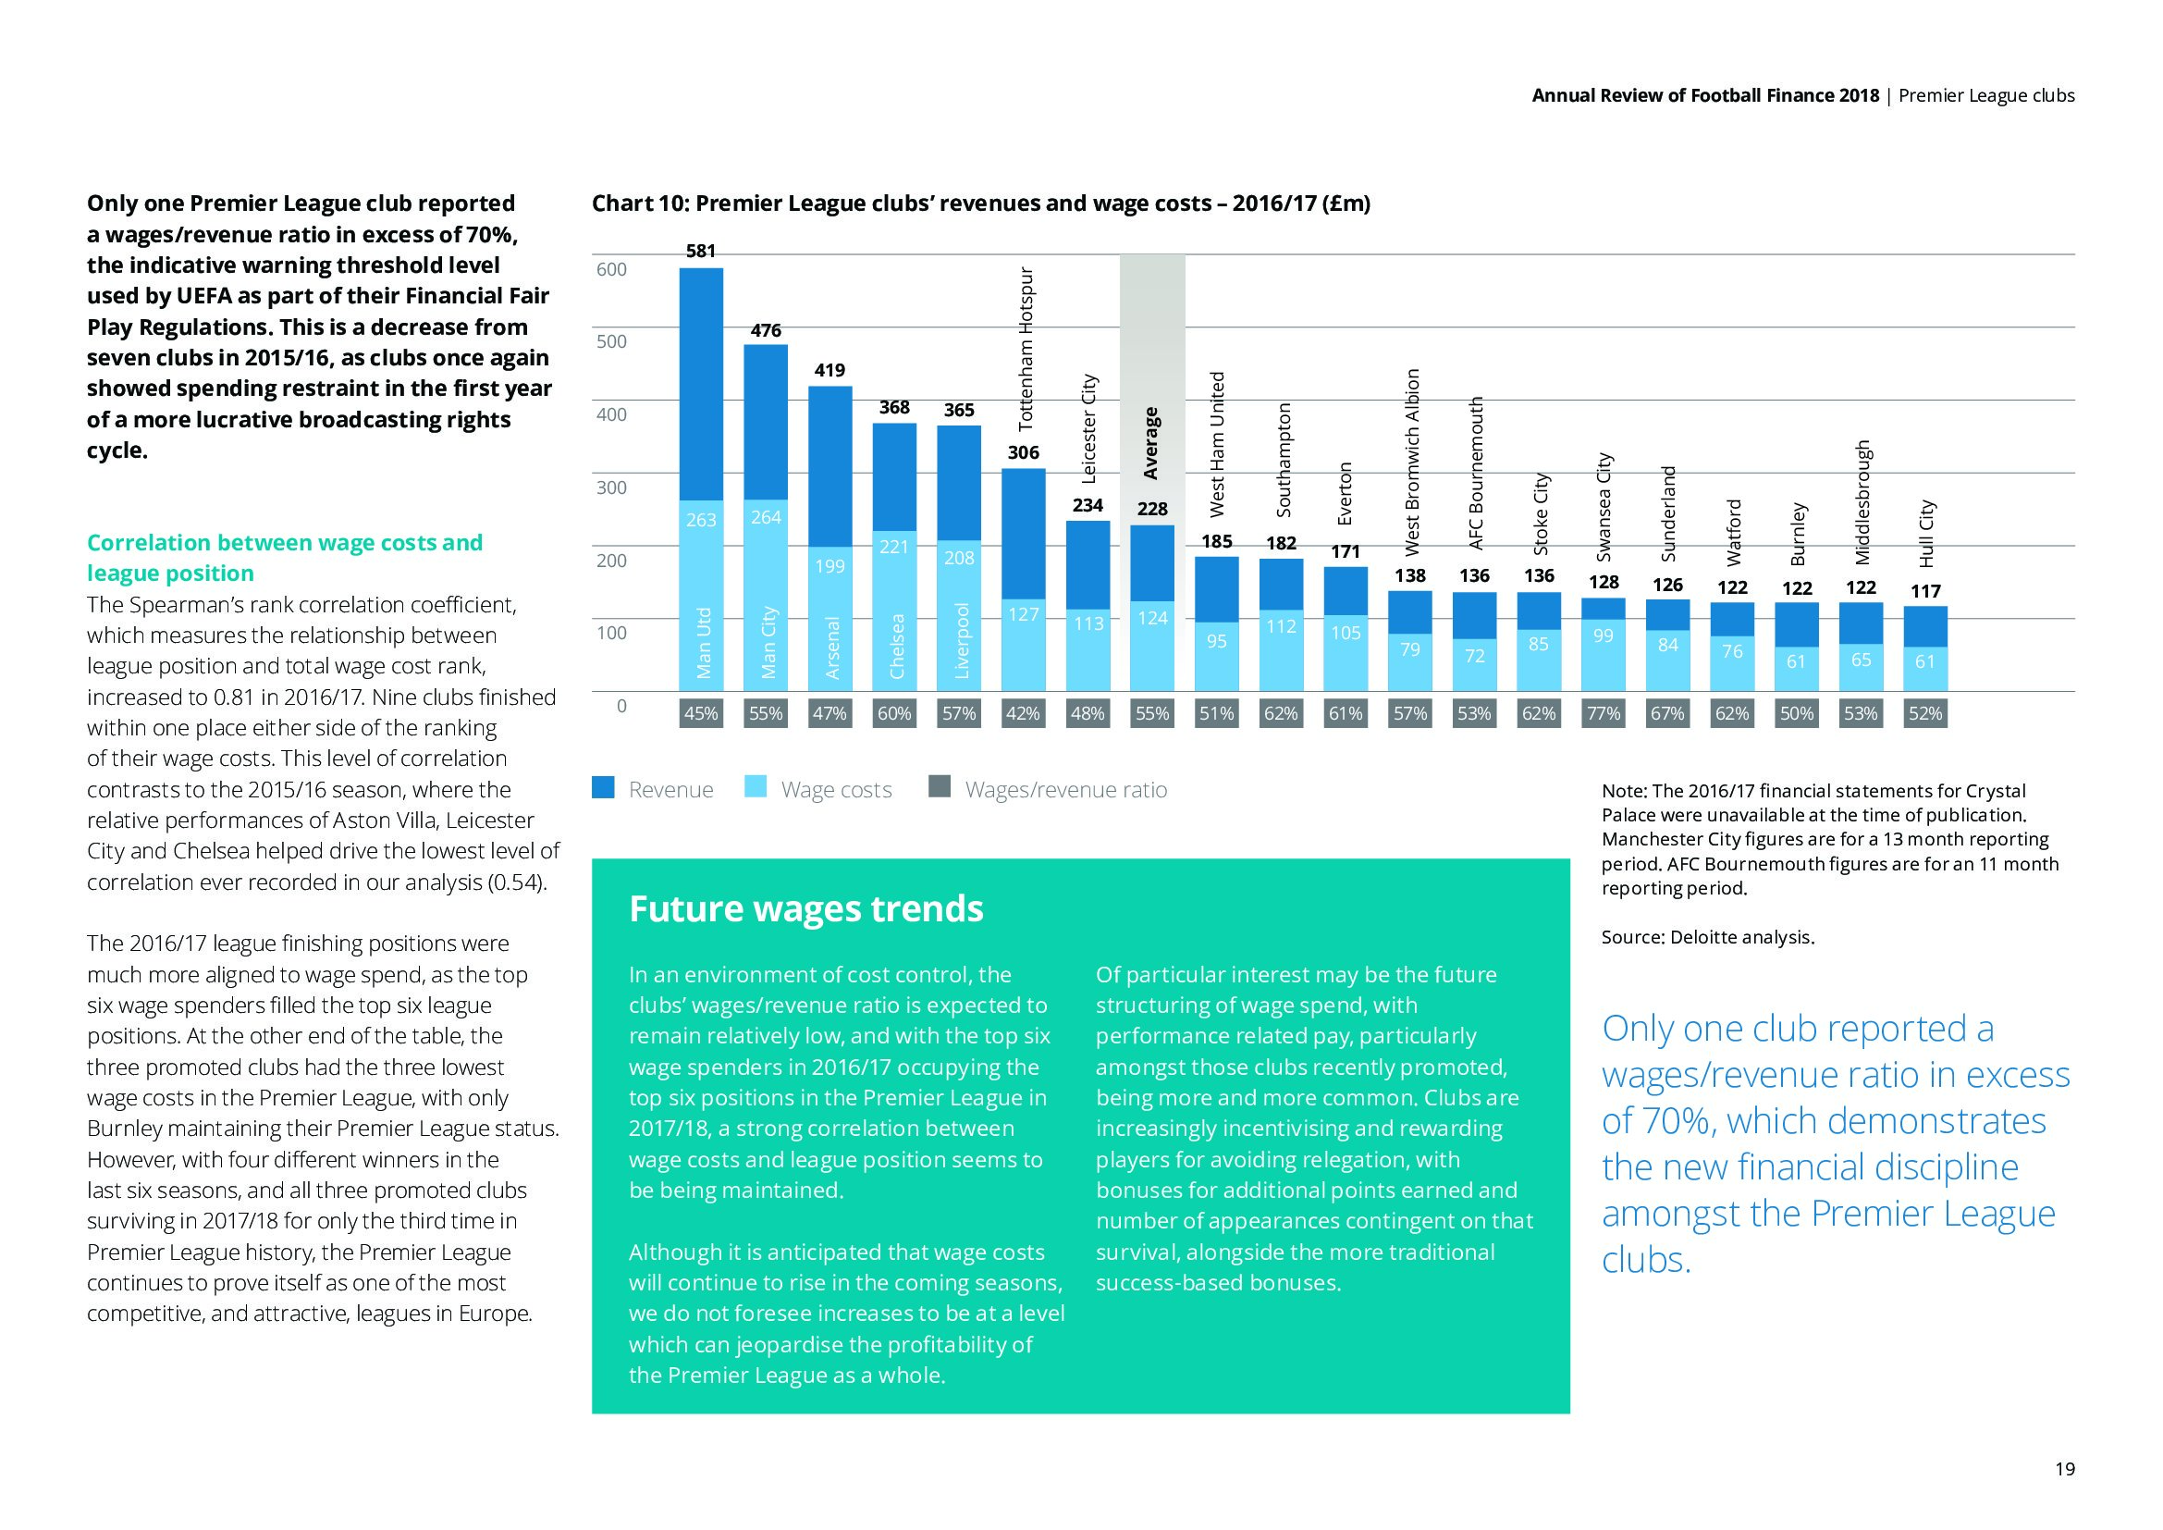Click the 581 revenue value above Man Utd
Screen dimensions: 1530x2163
[701, 251]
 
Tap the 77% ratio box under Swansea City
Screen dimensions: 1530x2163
[1604, 713]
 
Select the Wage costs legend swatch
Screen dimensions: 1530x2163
[756, 787]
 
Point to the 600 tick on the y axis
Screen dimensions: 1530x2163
[611, 269]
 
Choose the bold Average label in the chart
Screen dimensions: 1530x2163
[1150, 443]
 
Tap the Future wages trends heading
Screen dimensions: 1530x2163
[805, 909]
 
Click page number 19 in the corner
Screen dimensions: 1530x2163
[2064, 1469]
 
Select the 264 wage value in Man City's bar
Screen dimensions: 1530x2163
[766, 517]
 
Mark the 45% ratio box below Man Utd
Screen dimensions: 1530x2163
[701, 713]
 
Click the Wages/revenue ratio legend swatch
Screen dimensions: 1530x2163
[940, 787]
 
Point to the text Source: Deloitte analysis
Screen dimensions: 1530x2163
[1707, 937]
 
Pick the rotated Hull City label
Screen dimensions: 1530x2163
[1926, 533]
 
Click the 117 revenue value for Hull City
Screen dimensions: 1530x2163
[1925, 591]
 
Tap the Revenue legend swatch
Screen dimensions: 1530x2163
[603, 787]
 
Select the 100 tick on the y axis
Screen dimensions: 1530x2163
[611, 633]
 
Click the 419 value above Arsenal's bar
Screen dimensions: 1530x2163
[830, 370]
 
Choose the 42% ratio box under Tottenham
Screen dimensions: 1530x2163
[1023, 713]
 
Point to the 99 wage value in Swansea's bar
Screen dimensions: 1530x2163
[1604, 635]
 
